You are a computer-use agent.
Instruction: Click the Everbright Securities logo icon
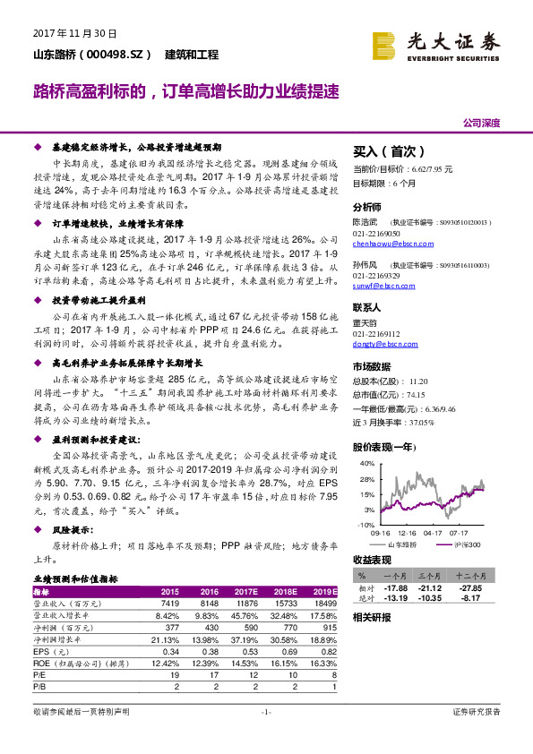click(384, 45)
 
